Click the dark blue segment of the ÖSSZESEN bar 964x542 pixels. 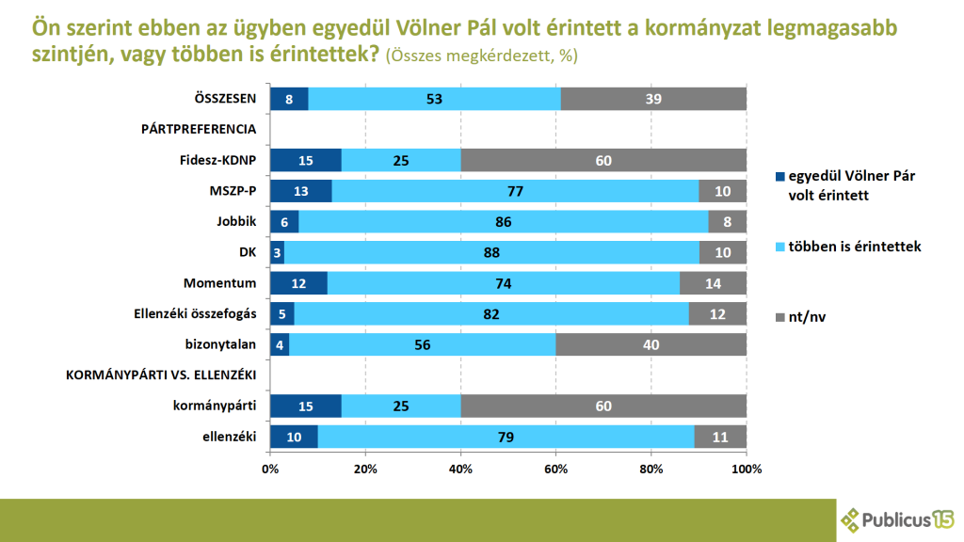pyautogui.click(x=289, y=99)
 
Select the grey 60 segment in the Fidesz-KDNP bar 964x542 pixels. pyautogui.click(x=603, y=160)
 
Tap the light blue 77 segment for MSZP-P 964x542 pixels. pyautogui.click(x=515, y=191)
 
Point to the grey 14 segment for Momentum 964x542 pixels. pyautogui.click(x=713, y=282)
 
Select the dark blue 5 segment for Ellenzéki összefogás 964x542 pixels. pyautogui.click(x=282, y=313)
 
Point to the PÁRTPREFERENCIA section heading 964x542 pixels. pyautogui.click(x=199, y=130)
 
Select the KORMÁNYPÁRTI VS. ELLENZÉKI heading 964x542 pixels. pyautogui.click(x=162, y=375)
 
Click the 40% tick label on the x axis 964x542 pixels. pyautogui.click(x=460, y=468)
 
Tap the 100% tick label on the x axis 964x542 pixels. pyautogui.click(x=746, y=468)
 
